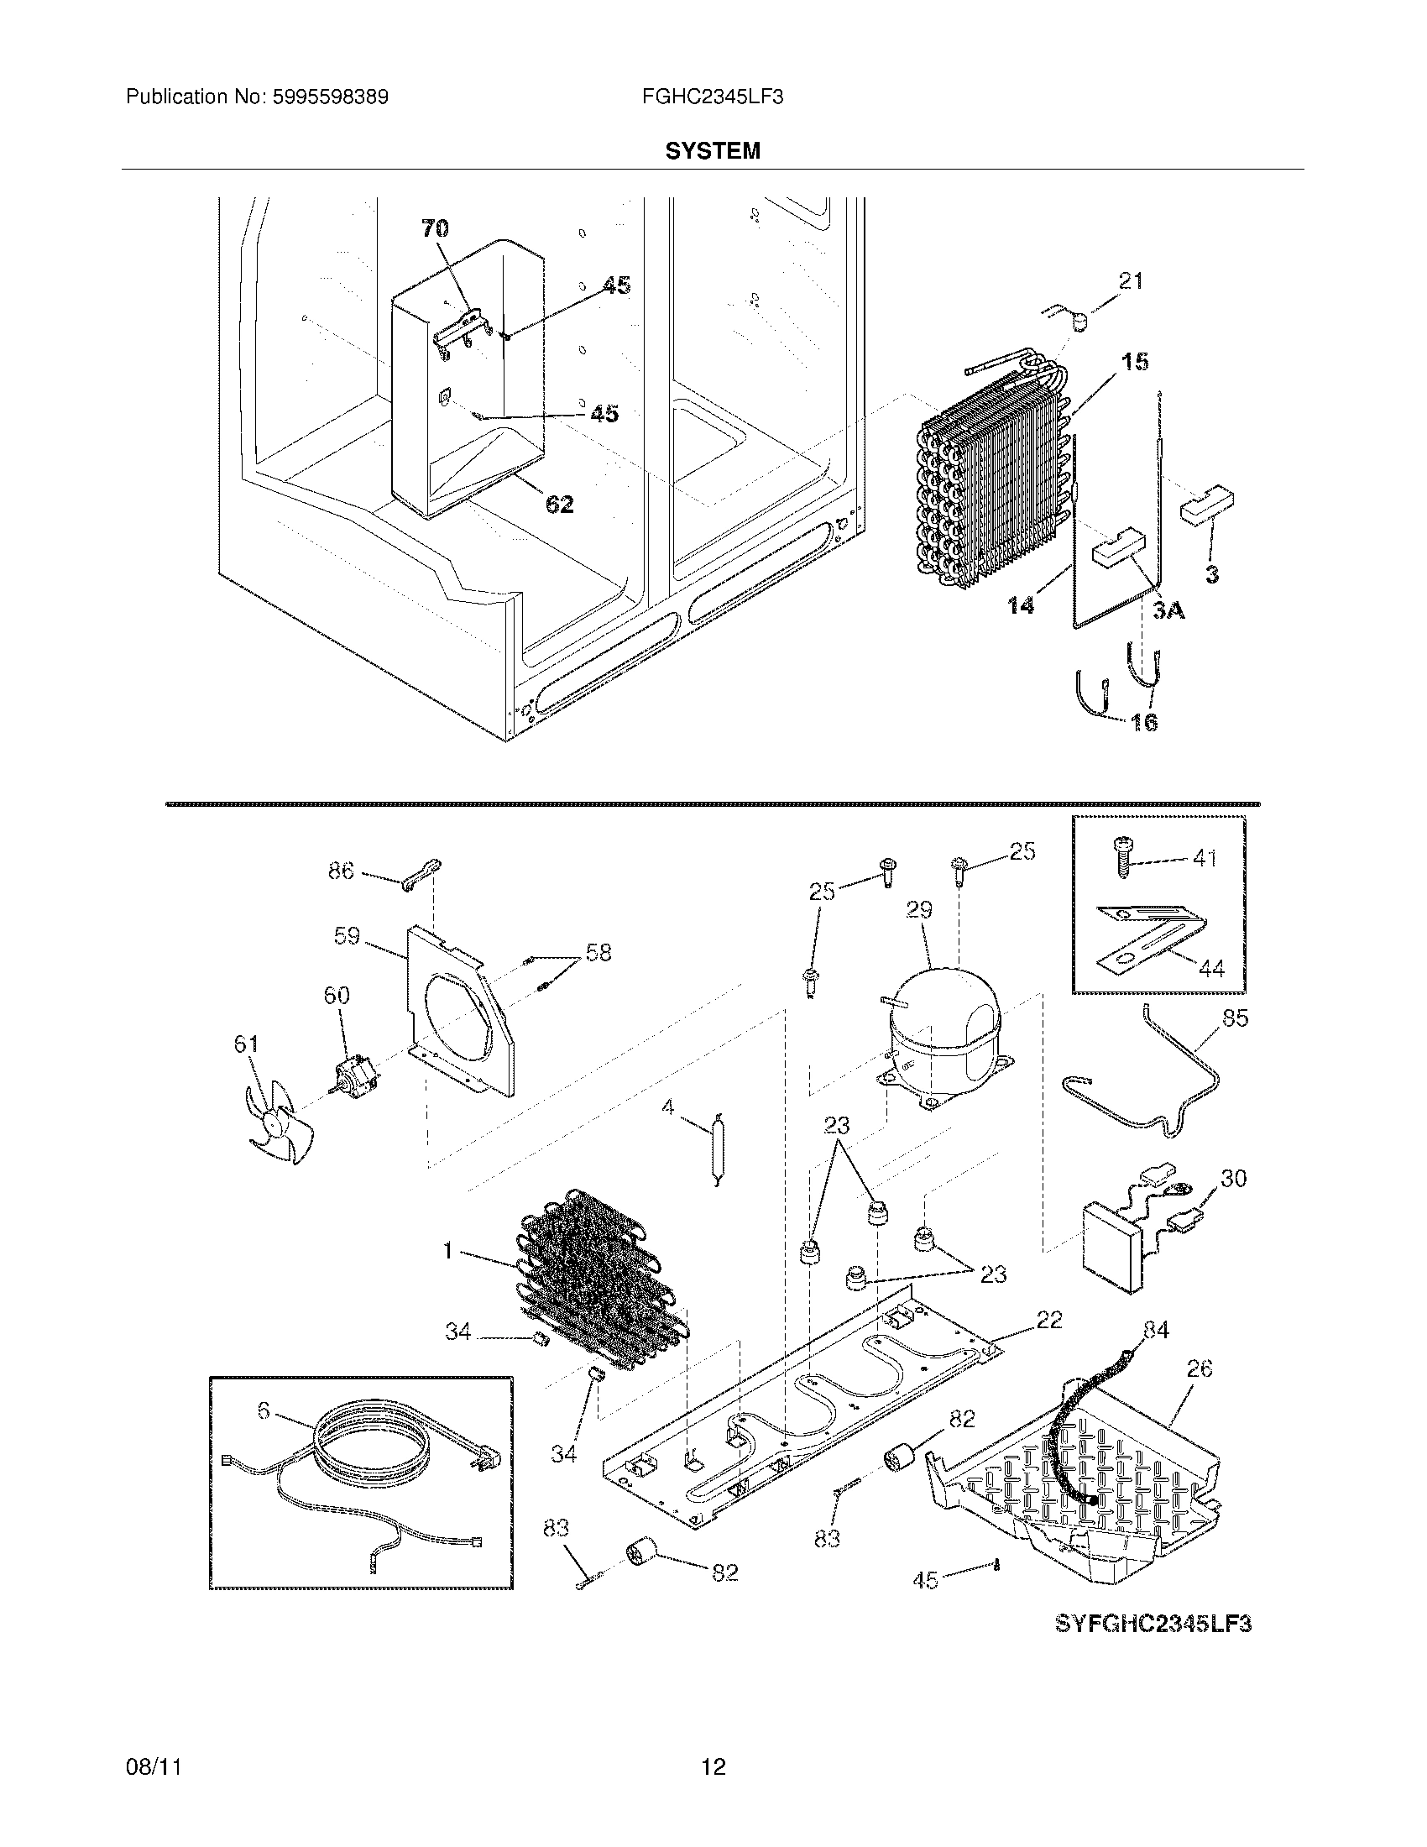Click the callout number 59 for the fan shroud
click(x=347, y=936)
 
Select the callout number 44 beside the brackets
click(x=1210, y=969)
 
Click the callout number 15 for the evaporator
click(x=1135, y=362)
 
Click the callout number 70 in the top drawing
click(x=435, y=228)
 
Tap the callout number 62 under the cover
click(x=560, y=505)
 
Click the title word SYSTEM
click(x=712, y=150)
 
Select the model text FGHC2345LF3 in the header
click(x=712, y=97)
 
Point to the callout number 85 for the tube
click(x=1234, y=1018)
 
